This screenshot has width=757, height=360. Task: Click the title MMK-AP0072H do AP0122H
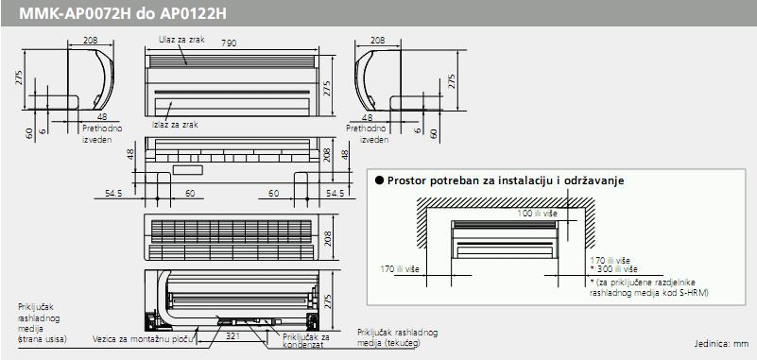[x=122, y=13]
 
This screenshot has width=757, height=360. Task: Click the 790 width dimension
[x=229, y=43]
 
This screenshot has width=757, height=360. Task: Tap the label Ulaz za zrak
[x=182, y=40]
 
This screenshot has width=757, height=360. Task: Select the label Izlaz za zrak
[x=175, y=125]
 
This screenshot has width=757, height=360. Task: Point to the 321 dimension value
[x=232, y=335]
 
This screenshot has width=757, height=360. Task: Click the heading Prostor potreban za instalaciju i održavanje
[x=506, y=180]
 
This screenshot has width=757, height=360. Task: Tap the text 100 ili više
[x=538, y=214]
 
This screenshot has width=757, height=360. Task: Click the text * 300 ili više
[x=613, y=269]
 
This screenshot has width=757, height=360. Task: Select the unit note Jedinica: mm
[x=721, y=344]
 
